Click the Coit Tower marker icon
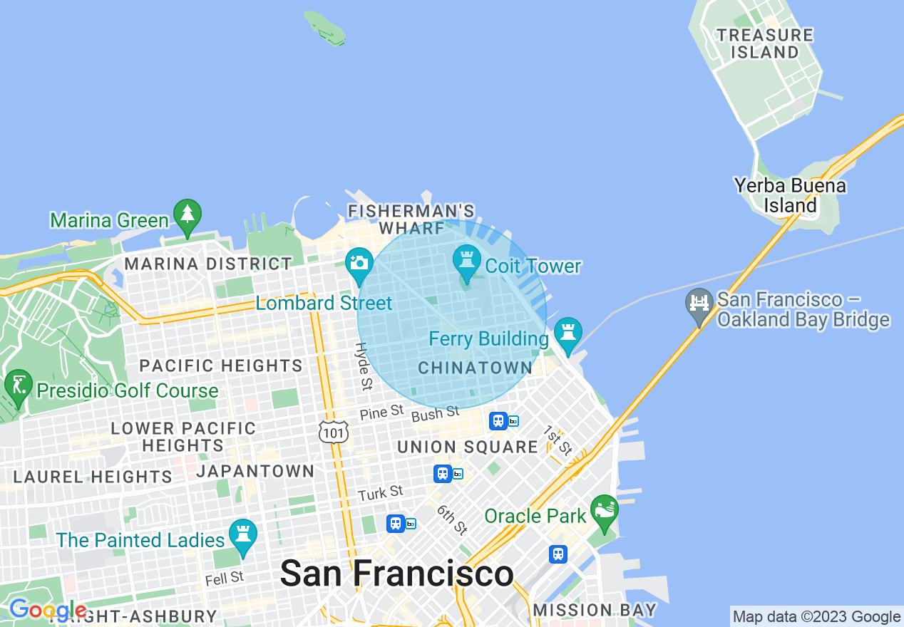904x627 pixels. click(x=467, y=263)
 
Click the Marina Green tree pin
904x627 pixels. click(x=187, y=216)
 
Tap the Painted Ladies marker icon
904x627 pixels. click(x=242, y=536)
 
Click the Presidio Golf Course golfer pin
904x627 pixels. click(x=18, y=386)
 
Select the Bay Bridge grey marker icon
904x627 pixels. click(x=699, y=305)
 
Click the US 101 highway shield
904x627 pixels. click(x=334, y=432)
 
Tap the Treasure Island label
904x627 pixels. click(x=764, y=43)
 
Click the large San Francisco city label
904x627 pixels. click(x=396, y=574)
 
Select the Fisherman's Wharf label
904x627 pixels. click(x=411, y=219)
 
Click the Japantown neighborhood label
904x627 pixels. click(x=255, y=471)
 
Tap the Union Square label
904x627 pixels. click(x=467, y=447)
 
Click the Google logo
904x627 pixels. click(x=47, y=610)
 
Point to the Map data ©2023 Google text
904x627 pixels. click(x=816, y=617)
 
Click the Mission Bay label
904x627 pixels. click(x=595, y=610)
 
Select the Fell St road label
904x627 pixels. click(x=225, y=578)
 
